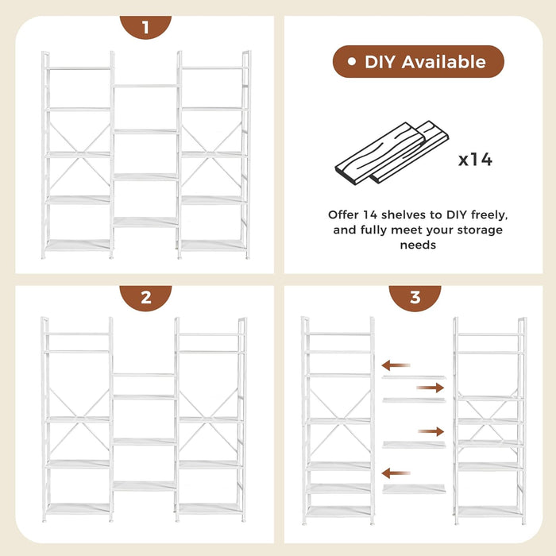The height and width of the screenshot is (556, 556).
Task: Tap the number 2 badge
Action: coord(145,298)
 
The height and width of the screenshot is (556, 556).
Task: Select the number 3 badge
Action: coord(415,298)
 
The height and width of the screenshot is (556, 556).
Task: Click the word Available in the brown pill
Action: coord(447,62)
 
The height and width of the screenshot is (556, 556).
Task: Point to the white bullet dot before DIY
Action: coord(352,61)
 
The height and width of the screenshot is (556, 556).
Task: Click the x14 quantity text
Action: coord(475,160)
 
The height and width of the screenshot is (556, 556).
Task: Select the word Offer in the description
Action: coord(345,214)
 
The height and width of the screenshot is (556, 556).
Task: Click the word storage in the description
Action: coord(478,230)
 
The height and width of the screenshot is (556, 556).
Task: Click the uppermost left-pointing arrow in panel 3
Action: coord(396,365)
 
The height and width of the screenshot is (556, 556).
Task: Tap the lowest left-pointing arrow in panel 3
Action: coord(396,473)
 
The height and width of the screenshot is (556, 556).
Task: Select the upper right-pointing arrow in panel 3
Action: coord(431,388)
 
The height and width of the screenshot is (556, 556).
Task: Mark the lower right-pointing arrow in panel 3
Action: coord(431,431)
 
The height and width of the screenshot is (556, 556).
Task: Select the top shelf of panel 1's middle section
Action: coord(145,86)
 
